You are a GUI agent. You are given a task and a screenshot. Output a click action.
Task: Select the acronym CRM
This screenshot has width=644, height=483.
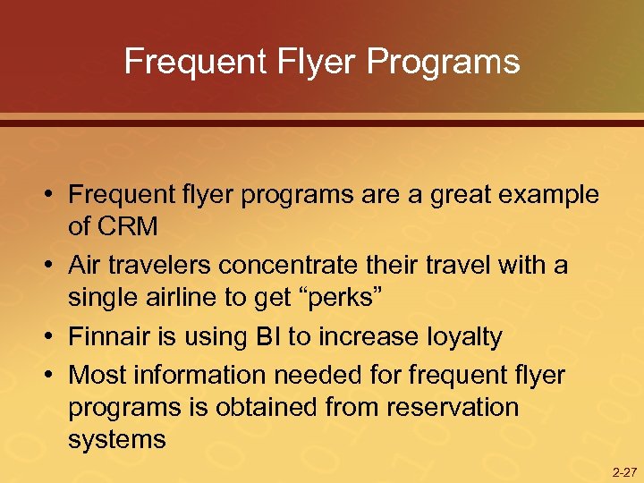tap(113, 227)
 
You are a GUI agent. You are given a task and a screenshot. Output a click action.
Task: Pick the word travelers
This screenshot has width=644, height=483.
tap(161, 266)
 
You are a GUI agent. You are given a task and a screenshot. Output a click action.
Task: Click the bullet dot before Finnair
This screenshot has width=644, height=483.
tap(53, 338)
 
